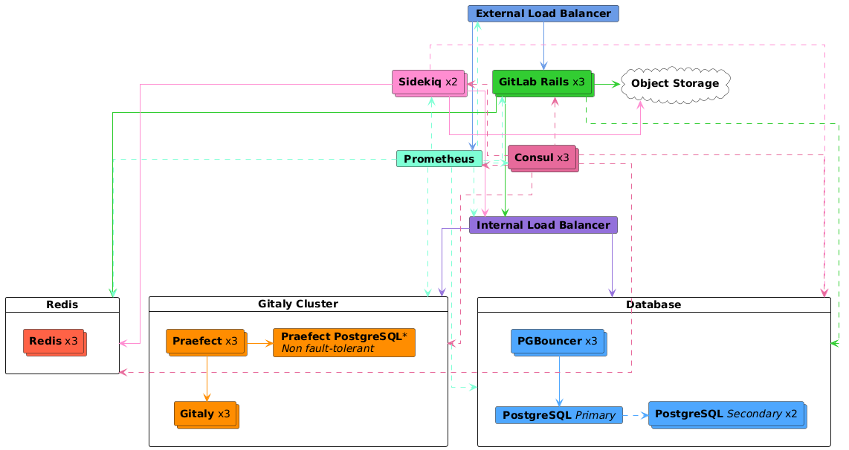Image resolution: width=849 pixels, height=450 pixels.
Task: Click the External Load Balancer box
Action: point(543,13)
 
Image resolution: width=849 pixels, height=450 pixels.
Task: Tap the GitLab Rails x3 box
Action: point(542,82)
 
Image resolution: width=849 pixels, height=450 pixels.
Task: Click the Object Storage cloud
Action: point(675,83)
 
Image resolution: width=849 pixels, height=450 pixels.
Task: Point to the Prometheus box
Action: point(439,159)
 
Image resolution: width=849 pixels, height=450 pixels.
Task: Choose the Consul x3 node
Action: point(542,157)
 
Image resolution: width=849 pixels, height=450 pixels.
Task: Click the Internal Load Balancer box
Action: point(543,225)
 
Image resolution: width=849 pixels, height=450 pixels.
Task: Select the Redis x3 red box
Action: point(54,341)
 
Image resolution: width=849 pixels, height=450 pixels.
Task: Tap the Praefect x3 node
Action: point(204,342)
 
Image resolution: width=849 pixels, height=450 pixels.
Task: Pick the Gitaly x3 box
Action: point(205,414)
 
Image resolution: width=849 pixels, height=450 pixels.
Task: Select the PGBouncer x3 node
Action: point(558,342)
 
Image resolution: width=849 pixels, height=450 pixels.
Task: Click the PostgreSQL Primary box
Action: point(558,415)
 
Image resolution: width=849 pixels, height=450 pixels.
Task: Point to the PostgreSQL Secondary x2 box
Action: point(726,414)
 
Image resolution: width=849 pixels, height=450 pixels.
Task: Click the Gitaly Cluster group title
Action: point(298,304)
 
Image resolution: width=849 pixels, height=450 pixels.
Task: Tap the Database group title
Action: point(653,304)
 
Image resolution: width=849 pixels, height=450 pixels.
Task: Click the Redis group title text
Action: point(62,304)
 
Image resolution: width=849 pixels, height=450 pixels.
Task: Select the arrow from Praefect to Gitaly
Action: point(206,378)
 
